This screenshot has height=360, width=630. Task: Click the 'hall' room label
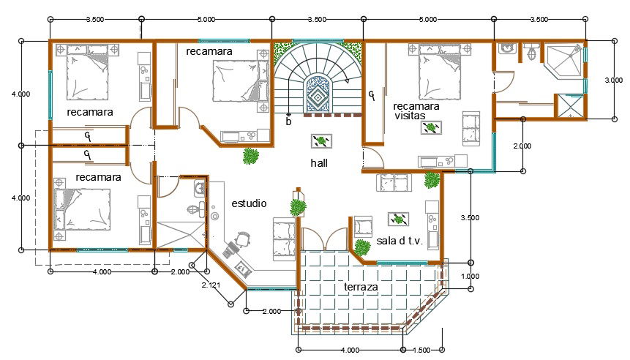(319, 163)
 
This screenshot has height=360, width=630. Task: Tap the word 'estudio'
(249, 203)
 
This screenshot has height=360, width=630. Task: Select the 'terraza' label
(361, 287)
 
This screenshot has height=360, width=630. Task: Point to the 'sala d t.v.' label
(400, 241)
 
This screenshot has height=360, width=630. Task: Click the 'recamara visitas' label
(416, 111)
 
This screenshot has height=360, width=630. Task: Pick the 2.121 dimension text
(211, 285)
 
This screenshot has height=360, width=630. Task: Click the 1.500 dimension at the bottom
(421, 350)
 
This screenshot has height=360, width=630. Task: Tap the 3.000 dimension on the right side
(613, 80)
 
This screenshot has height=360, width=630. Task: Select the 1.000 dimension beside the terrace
(470, 276)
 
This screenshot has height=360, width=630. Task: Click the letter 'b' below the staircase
(288, 121)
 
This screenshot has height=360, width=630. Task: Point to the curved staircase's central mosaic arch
(318, 94)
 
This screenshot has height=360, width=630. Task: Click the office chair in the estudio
(243, 239)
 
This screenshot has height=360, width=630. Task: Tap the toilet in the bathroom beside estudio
(194, 209)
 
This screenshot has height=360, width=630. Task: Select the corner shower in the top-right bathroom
(563, 61)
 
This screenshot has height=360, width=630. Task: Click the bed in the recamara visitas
(439, 72)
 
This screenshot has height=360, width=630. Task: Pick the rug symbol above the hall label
(321, 141)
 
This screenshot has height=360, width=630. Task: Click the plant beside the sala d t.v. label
(362, 247)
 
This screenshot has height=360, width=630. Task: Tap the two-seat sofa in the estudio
(284, 239)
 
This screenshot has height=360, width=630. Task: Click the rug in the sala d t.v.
(398, 219)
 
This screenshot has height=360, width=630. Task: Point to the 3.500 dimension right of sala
(470, 218)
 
